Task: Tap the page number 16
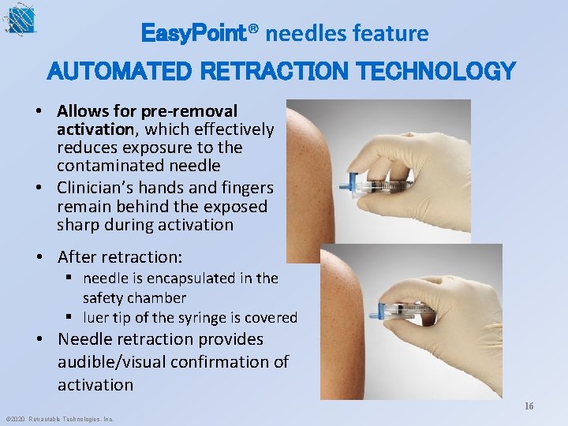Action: pos(529,405)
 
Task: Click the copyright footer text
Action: pos(59,419)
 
